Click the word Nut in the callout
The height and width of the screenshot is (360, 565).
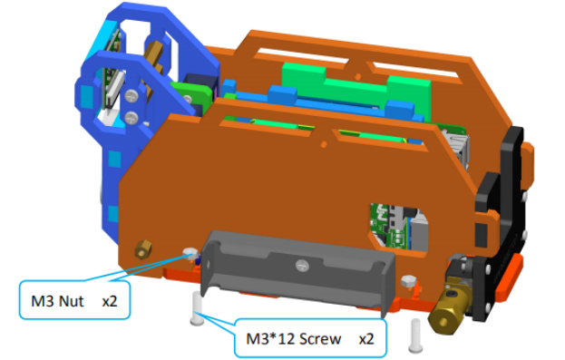pyautogui.click(x=71, y=301)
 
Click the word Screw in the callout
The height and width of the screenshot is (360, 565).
pyautogui.click(x=320, y=339)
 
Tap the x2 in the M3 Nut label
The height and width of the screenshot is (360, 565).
pyautogui.click(x=110, y=301)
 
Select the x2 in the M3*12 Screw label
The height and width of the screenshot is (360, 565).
pyautogui.click(x=366, y=339)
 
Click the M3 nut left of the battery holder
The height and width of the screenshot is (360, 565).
pyautogui.click(x=190, y=254)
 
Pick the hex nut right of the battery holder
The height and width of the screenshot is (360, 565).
pyautogui.click(x=409, y=280)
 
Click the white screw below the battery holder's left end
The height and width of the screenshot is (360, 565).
pyautogui.click(x=197, y=308)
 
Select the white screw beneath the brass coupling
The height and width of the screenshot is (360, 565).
pyautogui.click(x=416, y=336)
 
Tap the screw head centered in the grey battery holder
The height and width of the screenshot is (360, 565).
pyautogui.click(x=302, y=266)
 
